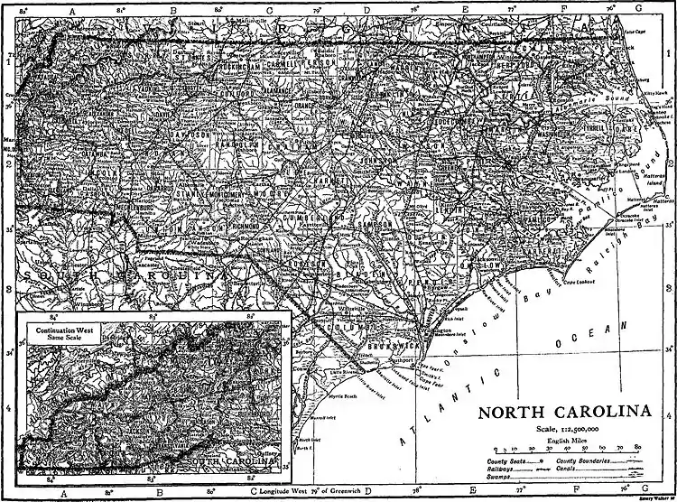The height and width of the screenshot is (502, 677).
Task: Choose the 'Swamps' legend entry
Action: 487,478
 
